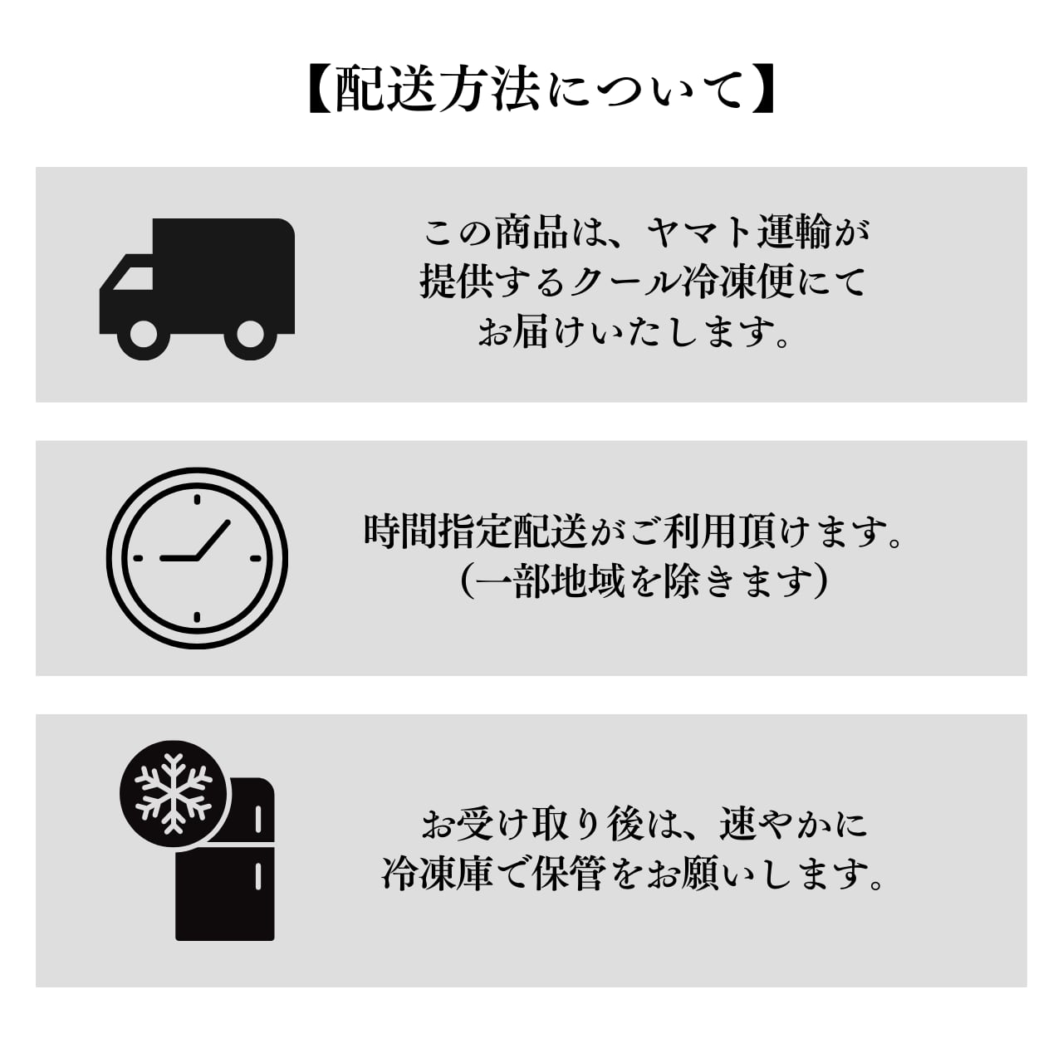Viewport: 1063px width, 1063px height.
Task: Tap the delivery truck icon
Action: coord(197,287)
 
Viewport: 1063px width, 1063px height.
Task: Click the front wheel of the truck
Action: coord(143,336)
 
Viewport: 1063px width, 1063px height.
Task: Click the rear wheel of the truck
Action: coord(250,336)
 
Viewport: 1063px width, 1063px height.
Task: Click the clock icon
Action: coord(198,557)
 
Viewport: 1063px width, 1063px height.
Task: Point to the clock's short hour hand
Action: coord(179,558)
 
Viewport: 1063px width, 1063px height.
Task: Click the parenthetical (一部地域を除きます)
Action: coord(644,582)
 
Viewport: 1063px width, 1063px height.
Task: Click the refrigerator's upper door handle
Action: coord(259,819)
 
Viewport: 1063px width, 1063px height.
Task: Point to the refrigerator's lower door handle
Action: coord(259,874)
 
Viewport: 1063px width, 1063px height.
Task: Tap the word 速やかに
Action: coord(793,825)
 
